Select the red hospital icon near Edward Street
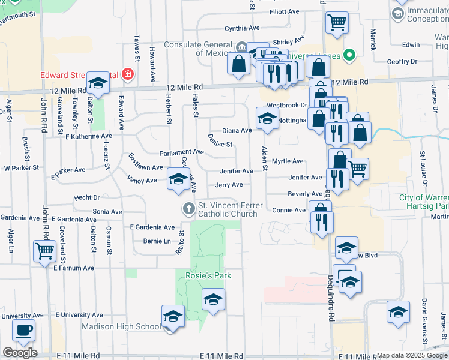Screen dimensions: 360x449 tap(127, 75)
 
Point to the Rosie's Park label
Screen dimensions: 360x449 tap(208, 275)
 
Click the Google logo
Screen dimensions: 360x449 tap(20, 353)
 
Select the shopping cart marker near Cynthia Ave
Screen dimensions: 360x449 tap(337, 23)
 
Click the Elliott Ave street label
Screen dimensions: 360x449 tap(285, 12)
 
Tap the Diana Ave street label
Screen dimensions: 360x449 tap(237, 130)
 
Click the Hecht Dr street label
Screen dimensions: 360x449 tap(87, 197)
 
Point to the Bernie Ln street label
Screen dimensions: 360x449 tap(158, 241)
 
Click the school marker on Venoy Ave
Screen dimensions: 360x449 tap(178, 179)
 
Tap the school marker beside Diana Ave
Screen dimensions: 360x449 tap(267, 117)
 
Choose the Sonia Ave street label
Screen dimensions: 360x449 tap(107, 212)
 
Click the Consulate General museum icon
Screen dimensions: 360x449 tap(241, 47)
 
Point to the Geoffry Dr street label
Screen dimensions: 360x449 tap(402, 61)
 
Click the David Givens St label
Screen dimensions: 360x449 tap(424, 322)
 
